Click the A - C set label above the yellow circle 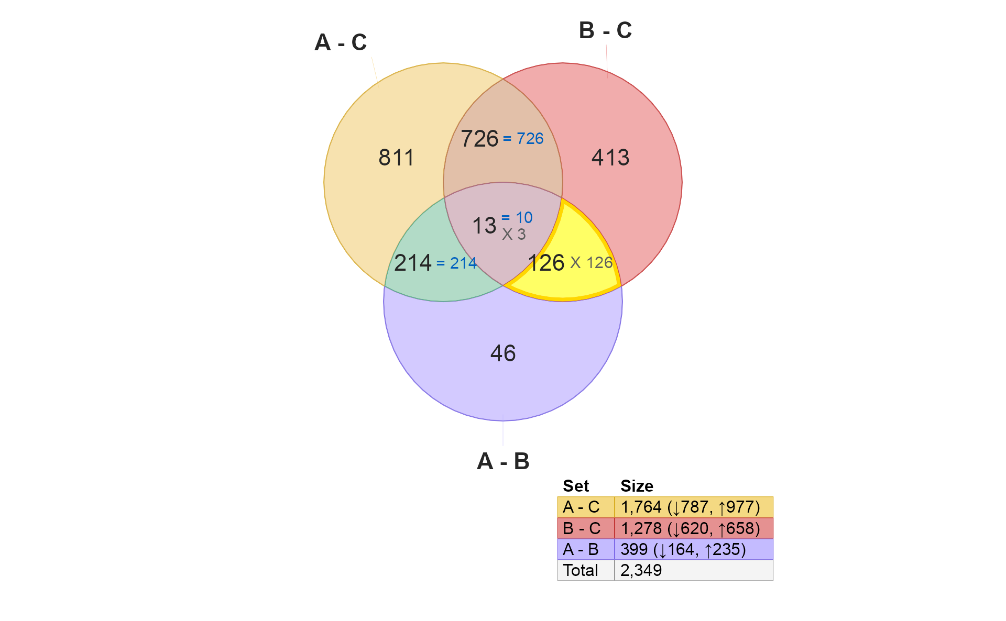[x=341, y=42]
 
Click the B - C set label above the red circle [x=605, y=30]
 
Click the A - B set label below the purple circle [x=503, y=461]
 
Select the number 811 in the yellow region [x=396, y=158]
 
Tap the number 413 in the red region [x=610, y=158]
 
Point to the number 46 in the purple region [x=503, y=353]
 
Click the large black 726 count [x=479, y=139]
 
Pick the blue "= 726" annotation [x=523, y=139]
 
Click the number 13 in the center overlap [x=484, y=226]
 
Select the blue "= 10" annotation [x=517, y=217]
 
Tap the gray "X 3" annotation [x=513, y=235]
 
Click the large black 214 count [x=413, y=263]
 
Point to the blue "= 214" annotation [x=456, y=263]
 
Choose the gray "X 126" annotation [x=592, y=263]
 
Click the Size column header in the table [x=637, y=486]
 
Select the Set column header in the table [x=576, y=486]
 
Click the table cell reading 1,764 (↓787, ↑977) [x=694, y=507]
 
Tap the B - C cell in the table [x=586, y=528]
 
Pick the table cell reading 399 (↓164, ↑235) [x=694, y=549]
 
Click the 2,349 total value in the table [x=641, y=570]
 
